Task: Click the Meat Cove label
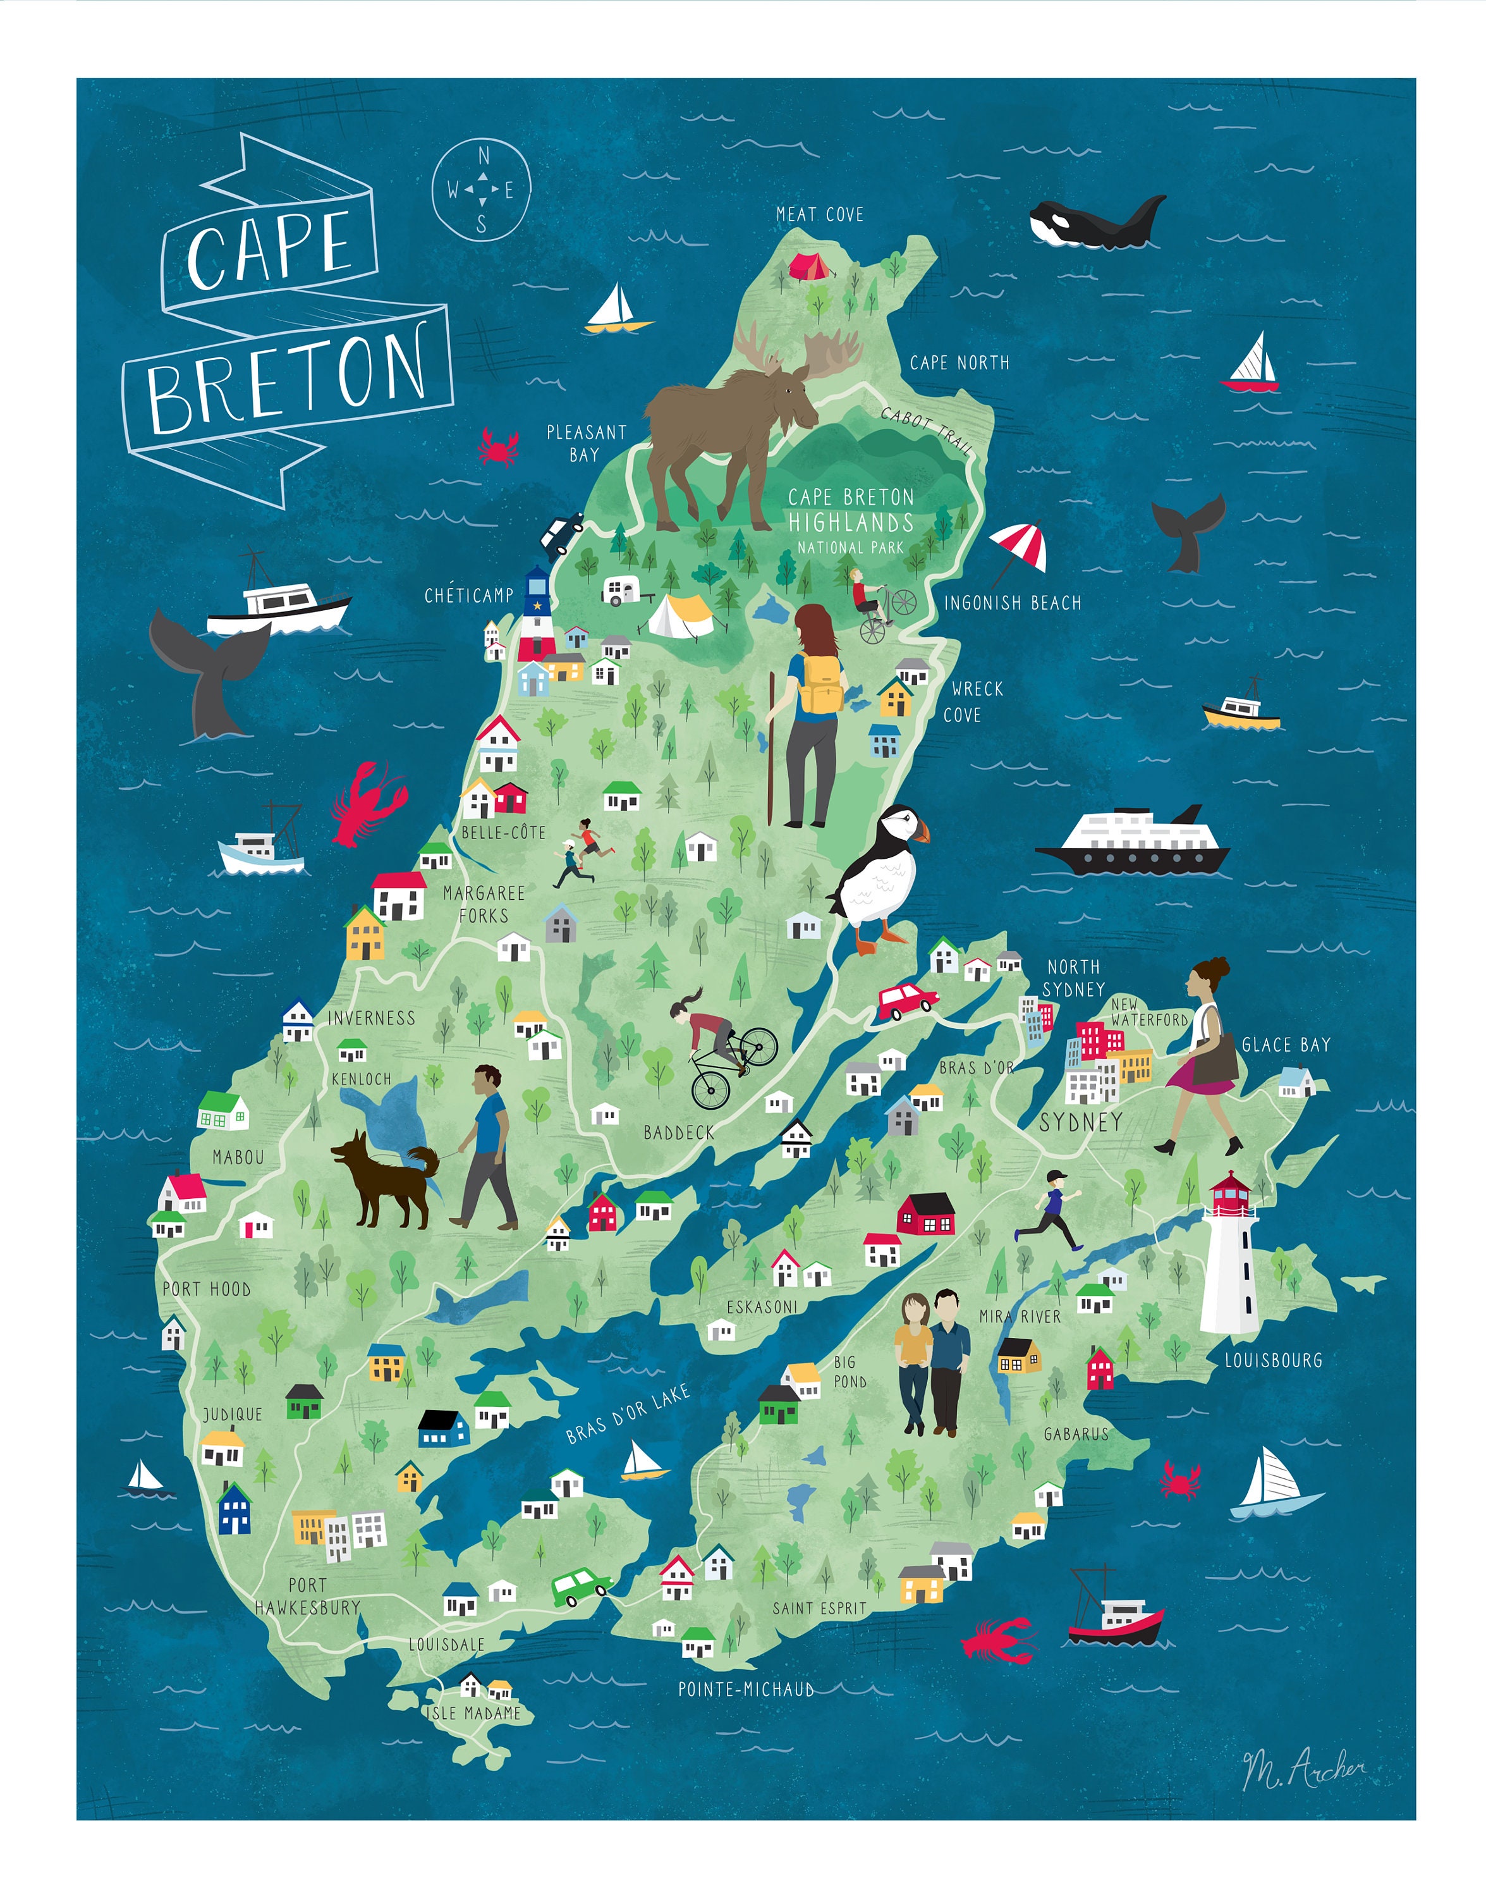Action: [x=820, y=215]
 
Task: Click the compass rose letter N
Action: [x=484, y=157]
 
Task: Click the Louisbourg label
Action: [x=1273, y=1360]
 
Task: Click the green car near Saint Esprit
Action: [x=578, y=1587]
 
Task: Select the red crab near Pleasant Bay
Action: [x=497, y=446]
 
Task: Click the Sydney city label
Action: [x=1080, y=1122]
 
